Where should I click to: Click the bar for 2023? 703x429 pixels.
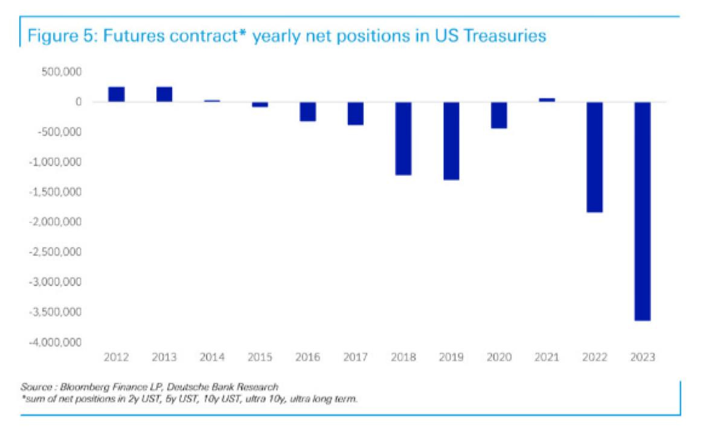[x=642, y=211]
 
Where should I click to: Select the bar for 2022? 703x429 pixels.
[x=594, y=157]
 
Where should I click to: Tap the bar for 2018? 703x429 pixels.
[x=403, y=138]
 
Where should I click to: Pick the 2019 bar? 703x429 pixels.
[x=451, y=141]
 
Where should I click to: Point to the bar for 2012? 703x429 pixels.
[x=117, y=94]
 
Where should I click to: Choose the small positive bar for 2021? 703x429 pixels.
[x=547, y=100]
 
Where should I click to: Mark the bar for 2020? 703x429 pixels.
[x=499, y=115]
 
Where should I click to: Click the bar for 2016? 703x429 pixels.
[x=308, y=112]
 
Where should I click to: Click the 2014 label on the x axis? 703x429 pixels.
[x=212, y=357]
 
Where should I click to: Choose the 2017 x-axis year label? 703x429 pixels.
[x=355, y=357]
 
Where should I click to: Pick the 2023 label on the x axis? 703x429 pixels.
[x=642, y=357]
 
